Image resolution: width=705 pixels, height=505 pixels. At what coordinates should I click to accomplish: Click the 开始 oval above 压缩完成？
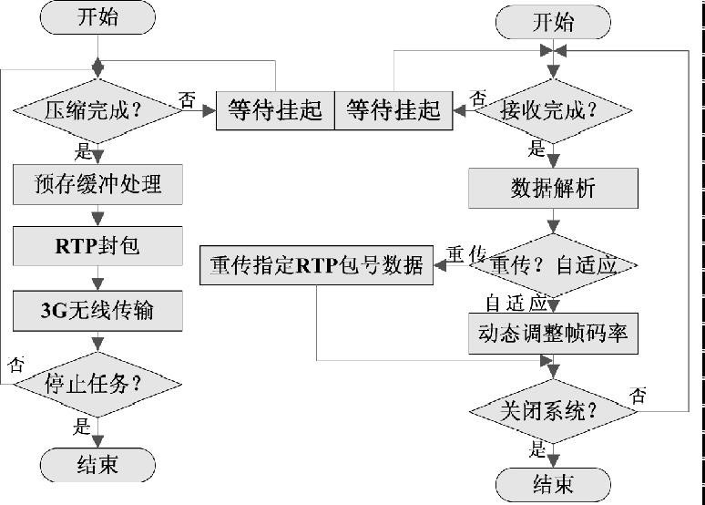(98, 18)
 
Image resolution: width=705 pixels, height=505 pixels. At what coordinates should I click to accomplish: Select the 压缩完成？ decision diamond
(98, 111)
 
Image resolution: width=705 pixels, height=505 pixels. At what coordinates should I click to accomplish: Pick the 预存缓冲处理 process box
(97, 185)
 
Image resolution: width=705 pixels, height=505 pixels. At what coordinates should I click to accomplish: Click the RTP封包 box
(97, 246)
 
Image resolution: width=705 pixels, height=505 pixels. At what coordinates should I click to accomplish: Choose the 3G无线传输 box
(97, 310)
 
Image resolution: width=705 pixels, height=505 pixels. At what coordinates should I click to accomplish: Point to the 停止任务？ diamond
(97, 383)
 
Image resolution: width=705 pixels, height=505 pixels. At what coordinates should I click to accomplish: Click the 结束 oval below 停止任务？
(97, 465)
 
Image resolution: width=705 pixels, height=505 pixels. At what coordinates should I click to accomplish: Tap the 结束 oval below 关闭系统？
(553, 482)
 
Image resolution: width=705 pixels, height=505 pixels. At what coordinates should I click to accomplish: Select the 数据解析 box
(553, 189)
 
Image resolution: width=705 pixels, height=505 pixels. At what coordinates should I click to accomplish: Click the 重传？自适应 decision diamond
(553, 265)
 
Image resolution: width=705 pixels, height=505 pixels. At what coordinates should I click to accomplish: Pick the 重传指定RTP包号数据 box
(316, 265)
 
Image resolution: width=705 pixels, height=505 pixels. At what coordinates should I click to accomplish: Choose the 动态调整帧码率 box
(553, 334)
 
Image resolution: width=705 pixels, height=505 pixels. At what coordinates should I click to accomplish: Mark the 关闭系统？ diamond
(553, 410)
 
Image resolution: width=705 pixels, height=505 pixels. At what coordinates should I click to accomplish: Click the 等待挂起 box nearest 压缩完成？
(275, 111)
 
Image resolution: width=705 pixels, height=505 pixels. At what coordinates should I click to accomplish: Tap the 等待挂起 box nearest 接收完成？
(393, 111)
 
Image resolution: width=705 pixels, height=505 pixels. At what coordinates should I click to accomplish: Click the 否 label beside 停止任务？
(15, 365)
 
